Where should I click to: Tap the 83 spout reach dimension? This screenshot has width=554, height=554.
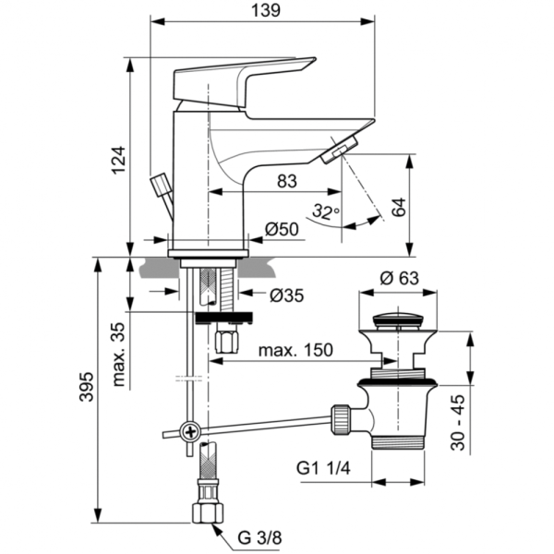pos(286,182)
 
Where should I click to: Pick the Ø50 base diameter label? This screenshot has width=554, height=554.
pos(283,230)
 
